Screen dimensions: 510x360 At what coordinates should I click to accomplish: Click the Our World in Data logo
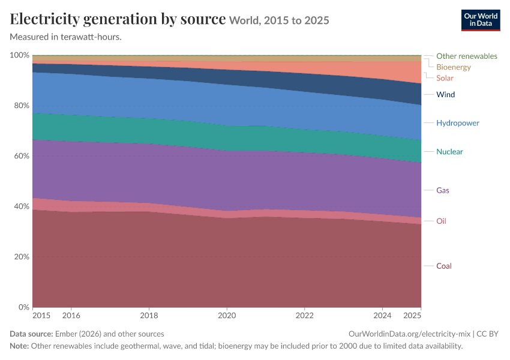pyautogui.click(x=481, y=20)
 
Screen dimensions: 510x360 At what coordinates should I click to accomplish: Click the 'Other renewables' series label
pyautogui.click(x=466, y=56)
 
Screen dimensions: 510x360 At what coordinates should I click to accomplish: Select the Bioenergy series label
pyautogui.click(x=454, y=67)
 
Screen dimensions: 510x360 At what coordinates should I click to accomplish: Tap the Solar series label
pyautogui.click(x=445, y=78)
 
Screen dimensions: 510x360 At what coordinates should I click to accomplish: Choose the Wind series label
pyautogui.click(x=445, y=94)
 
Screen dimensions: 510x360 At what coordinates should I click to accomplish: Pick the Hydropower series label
pyautogui.click(x=458, y=123)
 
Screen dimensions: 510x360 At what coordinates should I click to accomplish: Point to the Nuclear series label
pyautogui.click(x=449, y=152)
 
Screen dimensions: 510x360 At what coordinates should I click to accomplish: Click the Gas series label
pyautogui.click(x=442, y=190)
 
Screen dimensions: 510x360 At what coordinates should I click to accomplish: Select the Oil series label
pyautogui.click(x=441, y=221)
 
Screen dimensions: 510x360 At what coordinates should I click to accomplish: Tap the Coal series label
pyautogui.click(x=443, y=266)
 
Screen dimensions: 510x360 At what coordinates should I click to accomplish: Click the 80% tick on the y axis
pyautogui.click(x=22, y=106)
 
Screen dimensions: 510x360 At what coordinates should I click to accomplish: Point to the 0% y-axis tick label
pyautogui.click(x=24, y=307)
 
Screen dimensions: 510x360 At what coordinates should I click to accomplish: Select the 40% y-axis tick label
pyautogui.click(x=22, y=206)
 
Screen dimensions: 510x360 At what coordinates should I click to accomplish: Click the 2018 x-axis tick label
pyautogui.click(x=149, y=316)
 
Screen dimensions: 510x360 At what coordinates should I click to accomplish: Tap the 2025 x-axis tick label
pyautogui.click(x=412, y=316)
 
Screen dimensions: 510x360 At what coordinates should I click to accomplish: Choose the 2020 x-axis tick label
pyautogui.click(x=227, y=316)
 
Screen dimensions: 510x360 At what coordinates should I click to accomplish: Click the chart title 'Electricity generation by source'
pyautogui.click(x=118, y=19)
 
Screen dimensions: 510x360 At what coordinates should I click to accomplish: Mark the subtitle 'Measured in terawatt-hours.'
pyautogui.click(x=66, y=37)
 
